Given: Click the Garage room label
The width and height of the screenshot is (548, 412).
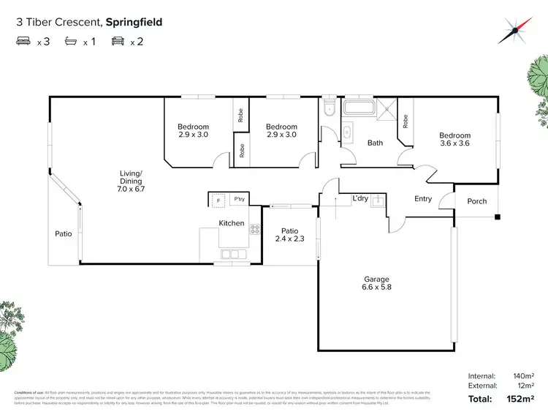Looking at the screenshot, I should [377, 283].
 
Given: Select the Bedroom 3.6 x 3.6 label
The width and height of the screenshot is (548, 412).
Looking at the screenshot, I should [454, 139].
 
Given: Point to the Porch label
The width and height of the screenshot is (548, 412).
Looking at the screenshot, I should [477, 201].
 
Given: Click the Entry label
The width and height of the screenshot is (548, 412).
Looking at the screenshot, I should [423, 198].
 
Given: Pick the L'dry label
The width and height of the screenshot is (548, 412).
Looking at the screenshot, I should [360, 198].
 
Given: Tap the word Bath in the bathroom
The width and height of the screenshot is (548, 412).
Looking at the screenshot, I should [375, 143].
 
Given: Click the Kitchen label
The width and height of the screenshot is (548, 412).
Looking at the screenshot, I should [232, 223].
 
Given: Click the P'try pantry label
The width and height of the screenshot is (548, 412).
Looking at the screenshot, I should [239, 199].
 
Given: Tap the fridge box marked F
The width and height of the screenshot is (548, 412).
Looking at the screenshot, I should [217, 199].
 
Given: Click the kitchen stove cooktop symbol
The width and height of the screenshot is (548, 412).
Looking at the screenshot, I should [254, 229].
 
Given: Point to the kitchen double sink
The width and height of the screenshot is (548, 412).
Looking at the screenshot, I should [235, 255].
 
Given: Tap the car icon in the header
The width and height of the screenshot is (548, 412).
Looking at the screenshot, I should [118, 42].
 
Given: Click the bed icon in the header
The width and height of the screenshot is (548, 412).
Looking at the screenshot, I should [23, 42].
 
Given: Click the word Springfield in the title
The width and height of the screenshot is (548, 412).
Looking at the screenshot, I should [134, 22].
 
